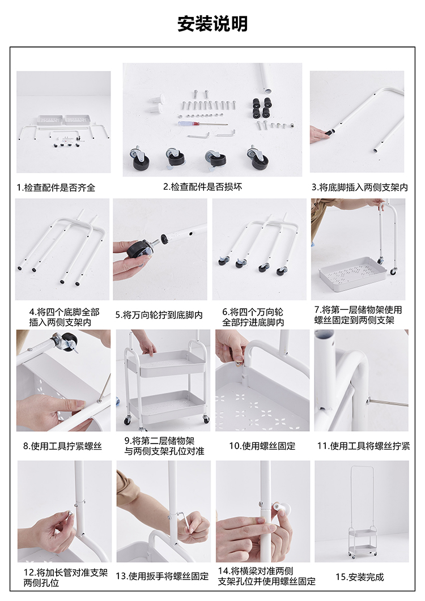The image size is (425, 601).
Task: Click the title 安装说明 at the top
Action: (212, 23)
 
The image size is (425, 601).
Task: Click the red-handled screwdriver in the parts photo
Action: (202, 123)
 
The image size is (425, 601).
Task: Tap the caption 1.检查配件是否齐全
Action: (56, 188)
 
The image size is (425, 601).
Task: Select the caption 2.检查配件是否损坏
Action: (203, 187)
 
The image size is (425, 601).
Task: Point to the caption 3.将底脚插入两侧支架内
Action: (360, 187)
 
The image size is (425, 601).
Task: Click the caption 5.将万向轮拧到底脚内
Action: (159, 315)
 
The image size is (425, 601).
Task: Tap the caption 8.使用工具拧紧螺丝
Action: (62, 446)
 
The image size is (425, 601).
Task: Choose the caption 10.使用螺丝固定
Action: (262, 446)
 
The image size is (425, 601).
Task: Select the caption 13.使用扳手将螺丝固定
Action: (162, 577)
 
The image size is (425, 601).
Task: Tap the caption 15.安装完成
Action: (360, 577)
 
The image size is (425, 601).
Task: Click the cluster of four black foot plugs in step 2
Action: (261, 108)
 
